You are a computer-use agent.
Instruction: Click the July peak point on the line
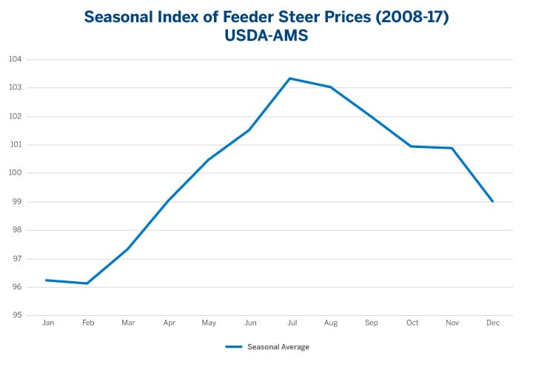290,78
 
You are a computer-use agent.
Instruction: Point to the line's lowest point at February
87,283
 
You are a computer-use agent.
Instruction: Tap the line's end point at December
492,201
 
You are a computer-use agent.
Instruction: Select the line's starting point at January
47,280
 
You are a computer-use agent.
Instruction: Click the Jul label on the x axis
290,323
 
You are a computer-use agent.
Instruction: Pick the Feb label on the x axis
87,323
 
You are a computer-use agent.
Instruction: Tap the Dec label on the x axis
492,323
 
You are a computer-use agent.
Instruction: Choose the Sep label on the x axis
371,323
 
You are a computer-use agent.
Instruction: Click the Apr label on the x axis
169,323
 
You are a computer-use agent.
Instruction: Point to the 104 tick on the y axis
16,59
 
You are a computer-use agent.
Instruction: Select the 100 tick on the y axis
16,173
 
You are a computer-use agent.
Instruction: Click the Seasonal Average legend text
278,347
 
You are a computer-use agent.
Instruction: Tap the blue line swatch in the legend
234,347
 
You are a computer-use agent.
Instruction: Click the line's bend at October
412,147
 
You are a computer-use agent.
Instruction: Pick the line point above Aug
330,87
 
